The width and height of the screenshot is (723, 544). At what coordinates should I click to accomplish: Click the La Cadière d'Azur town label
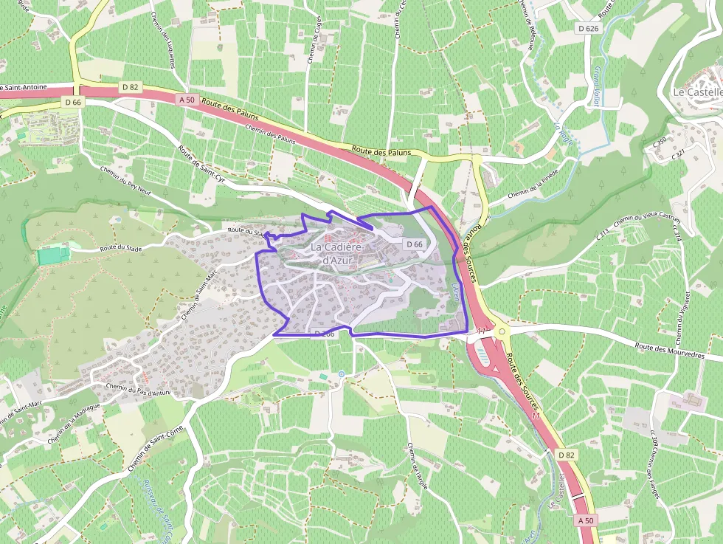pos(340,253)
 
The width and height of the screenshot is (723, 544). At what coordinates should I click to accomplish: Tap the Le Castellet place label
pos(697,92)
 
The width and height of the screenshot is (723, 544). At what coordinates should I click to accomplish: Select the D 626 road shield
pos(588,28)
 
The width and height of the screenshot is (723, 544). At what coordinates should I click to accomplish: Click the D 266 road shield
pos(325,334)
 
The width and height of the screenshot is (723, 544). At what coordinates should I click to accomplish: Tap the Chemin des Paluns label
pos(270,132)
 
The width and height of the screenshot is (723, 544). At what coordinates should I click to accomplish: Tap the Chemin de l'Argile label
pos(417,468)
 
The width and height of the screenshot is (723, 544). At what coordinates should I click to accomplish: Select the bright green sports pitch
pos(52,255)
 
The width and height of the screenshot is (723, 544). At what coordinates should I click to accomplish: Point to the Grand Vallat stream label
pos(595,86)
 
